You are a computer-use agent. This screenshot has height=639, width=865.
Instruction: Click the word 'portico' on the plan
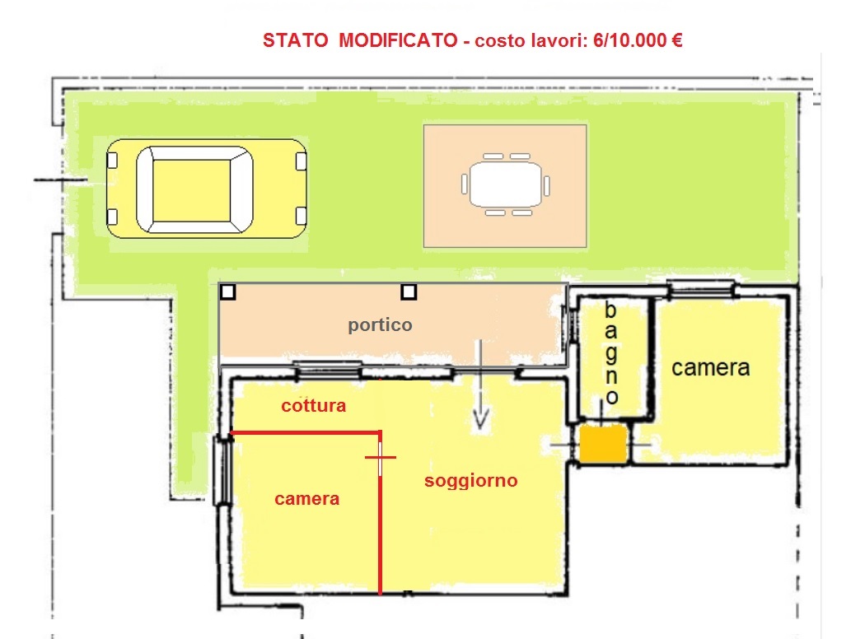380,325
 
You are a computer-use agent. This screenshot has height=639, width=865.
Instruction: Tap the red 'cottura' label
313,406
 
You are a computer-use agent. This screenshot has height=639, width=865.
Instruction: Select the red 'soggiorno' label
470,481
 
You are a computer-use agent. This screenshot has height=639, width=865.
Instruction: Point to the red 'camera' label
306,499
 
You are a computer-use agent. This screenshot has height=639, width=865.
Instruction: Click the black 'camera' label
710,368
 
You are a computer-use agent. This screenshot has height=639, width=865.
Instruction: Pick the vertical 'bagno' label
610,353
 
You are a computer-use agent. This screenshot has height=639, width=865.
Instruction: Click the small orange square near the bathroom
603,443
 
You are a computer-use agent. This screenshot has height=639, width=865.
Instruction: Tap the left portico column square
228,292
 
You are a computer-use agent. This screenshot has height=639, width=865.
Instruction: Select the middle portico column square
409,292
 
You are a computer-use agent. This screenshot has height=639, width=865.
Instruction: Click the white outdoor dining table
505,184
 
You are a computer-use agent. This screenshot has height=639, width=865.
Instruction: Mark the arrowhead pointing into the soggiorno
480,420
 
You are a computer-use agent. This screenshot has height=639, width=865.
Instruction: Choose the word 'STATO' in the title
295,41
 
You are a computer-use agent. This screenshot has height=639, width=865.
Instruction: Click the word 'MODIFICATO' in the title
398,41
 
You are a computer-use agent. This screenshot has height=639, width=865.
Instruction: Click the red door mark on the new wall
381,457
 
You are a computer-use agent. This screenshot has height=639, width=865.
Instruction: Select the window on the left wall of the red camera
222,469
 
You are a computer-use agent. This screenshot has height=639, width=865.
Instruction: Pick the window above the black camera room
700,288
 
